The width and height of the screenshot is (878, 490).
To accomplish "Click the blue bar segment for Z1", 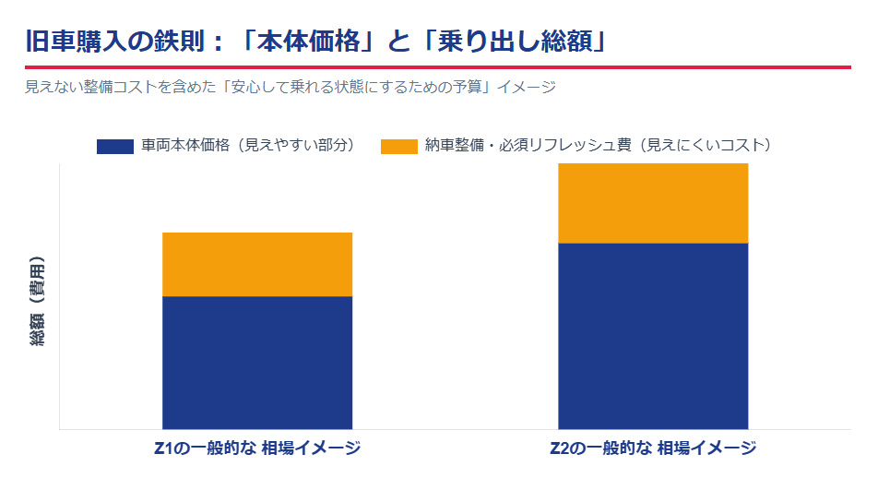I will [257, 362].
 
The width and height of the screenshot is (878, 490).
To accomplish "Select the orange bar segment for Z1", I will [257, 264].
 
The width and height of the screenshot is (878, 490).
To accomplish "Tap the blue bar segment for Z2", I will [653, 336].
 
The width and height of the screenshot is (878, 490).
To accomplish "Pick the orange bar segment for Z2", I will [653, 203].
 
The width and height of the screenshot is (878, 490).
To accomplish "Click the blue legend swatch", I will [115, 146].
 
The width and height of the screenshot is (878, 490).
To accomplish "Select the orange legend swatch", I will [398, 146].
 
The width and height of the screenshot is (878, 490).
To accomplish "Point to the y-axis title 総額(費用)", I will [38, 300].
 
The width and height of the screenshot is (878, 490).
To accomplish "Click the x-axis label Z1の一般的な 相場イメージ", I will [257, 448].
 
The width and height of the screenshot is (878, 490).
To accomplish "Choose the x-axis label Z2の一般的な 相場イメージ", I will [653, 448].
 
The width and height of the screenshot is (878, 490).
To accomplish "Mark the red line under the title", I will [438, 67].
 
